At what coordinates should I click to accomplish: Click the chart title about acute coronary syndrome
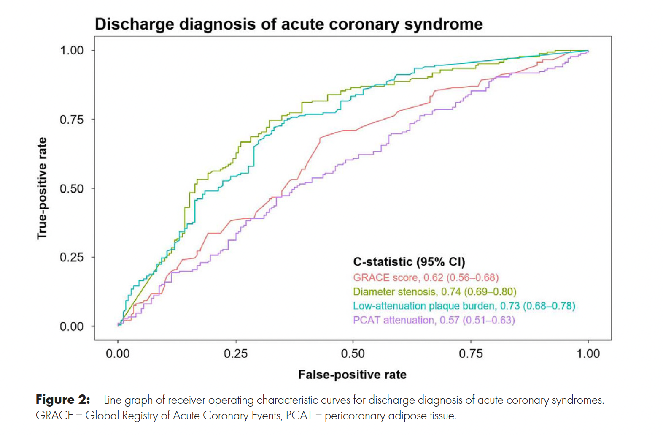tap(288, 24)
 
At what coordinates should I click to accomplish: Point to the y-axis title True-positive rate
tap(42, 188)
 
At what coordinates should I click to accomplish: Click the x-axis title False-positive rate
tap(352, 375)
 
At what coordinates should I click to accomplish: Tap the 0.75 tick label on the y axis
tap(71, 120)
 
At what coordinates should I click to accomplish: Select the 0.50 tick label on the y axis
tap(71, 188)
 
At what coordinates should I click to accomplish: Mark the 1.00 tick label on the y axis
tap(71, 51)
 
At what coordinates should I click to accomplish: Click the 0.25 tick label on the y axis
tap(71, 257)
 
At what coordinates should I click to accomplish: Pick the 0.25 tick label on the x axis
tap(235, 353)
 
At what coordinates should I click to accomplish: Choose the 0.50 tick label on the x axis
tap(353, 353)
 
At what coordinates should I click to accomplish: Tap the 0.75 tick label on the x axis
tap(471, 353)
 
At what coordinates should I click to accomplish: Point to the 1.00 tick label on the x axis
tap(588, 353)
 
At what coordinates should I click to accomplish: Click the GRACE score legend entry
tap(426, 277)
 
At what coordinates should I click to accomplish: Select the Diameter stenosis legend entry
tap(434, 292)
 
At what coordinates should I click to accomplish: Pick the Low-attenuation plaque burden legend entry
tap(464, 306)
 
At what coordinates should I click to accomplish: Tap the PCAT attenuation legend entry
tap(434, 320)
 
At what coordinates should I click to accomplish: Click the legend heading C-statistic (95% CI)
tap(409, 262)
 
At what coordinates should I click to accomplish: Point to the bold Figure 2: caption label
tap(63, 400)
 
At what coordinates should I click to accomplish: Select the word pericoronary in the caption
tap(355, 416)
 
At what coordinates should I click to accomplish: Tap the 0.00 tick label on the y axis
tap(71, 326)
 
